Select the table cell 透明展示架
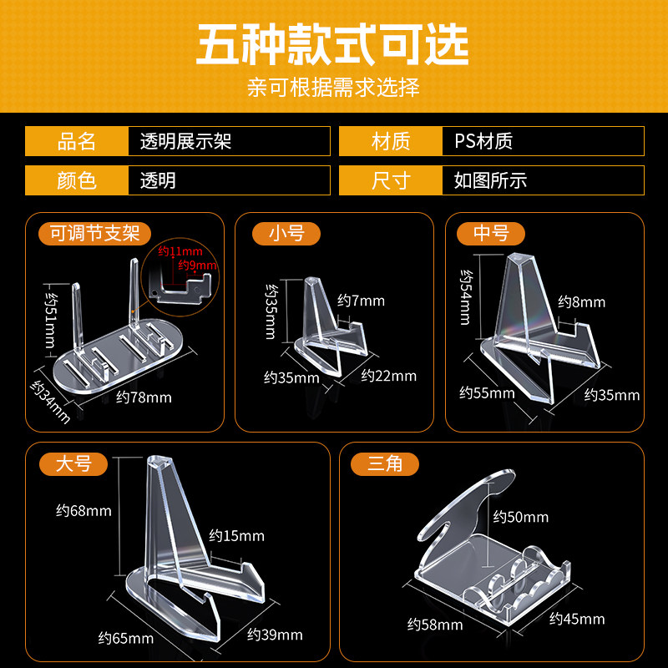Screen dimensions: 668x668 [185, 141]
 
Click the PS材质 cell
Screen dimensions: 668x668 [483, 141]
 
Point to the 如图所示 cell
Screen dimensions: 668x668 [490, 180]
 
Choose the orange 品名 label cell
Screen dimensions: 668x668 [77, 141]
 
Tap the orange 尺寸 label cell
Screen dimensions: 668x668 [391, 180]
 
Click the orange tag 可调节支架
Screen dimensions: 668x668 [94, 233]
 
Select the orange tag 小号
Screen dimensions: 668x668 [286, 233]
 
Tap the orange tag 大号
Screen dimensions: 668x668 [73, 463]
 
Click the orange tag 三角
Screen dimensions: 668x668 [385, 463]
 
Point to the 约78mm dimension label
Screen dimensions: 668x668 [144, 397]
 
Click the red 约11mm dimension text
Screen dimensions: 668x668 [180, 251]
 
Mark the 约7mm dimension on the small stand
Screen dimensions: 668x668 [361, 301]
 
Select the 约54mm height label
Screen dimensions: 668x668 [467, 297]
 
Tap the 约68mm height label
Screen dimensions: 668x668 [83, 510]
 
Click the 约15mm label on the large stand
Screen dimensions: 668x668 [236, 535]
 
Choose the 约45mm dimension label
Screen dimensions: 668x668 [577, 619]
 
